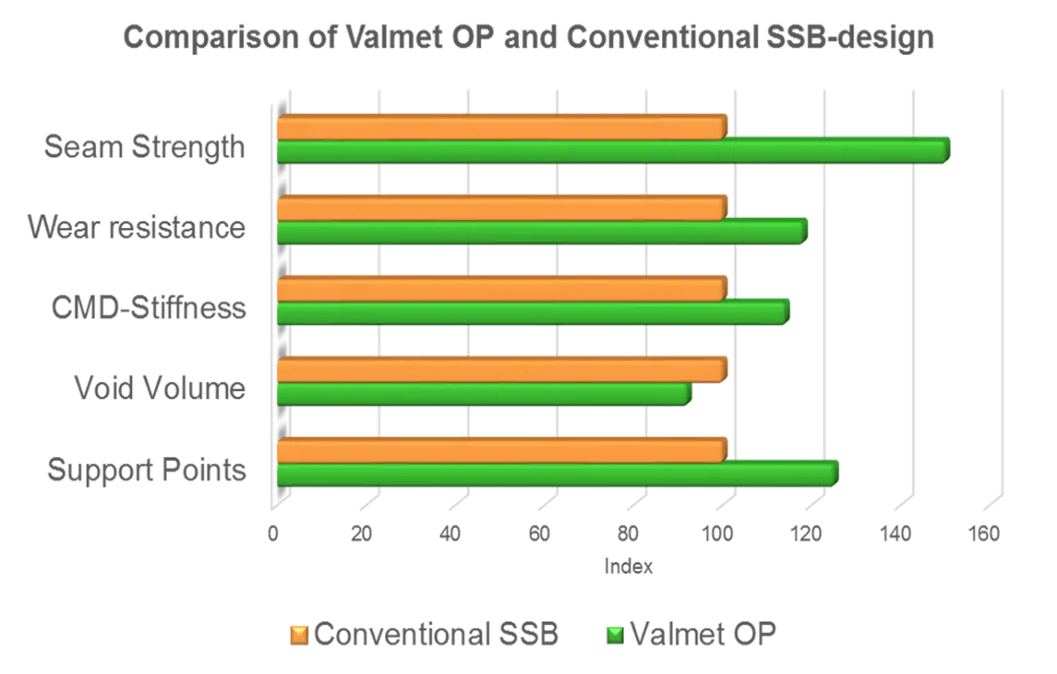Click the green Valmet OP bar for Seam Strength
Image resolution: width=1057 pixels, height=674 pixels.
point(613,152)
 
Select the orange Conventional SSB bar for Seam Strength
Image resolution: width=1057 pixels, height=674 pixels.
point(501,128)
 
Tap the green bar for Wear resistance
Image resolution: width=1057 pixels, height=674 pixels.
point(541,232)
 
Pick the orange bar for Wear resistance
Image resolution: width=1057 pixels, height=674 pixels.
point(501,208)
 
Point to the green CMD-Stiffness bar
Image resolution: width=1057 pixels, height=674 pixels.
point(533,312)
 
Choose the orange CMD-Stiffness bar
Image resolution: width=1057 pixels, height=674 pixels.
point(501,289)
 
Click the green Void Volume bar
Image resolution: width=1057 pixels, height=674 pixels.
point(483,394)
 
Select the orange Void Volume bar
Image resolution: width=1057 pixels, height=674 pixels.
point(501,370)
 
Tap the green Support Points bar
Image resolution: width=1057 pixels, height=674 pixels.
point(557,474)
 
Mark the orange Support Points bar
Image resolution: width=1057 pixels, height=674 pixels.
point(501,450)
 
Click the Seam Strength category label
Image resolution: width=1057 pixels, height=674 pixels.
point(144,148)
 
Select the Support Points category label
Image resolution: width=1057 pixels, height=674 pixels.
point(146,470)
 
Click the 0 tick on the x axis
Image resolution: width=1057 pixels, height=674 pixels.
point(273,534)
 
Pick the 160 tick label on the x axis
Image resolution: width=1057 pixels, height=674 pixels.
point(985,534)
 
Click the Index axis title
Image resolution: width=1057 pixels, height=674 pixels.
point(628,566)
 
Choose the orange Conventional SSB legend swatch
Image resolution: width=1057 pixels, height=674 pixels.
point(299,635)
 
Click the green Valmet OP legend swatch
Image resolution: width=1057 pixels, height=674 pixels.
point(614,635)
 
